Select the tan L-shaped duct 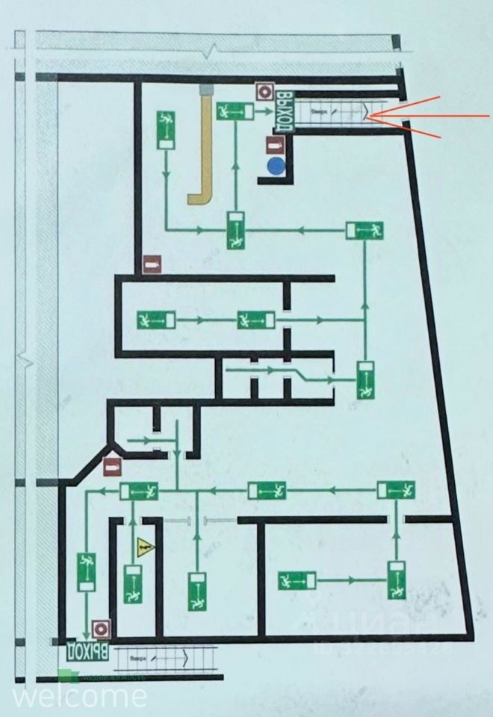click(x=203, y=149)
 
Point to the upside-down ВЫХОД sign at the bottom click(x=88, y=651)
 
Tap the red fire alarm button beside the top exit click(x=264, y=92)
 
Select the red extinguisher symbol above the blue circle click(x=276, y=144)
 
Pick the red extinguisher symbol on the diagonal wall click(x=112, y=469)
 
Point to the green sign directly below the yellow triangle click(x=134, y=584)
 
